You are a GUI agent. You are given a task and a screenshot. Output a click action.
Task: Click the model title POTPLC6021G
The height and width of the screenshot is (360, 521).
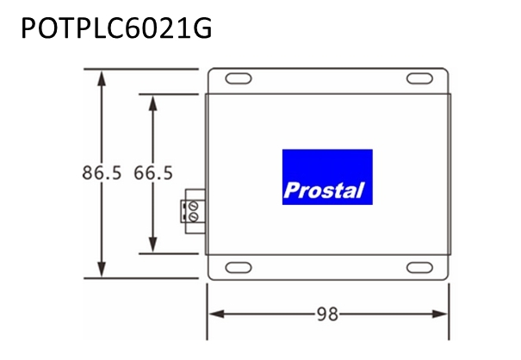[x=116, y=28]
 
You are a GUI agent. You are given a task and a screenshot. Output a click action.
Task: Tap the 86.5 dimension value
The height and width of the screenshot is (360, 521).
[x=102, y=173]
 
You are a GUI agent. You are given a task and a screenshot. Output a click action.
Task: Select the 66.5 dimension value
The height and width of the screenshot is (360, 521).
[x=153, y=173]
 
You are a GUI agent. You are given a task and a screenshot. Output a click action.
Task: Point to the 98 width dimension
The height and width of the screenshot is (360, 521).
[x=327, y=314]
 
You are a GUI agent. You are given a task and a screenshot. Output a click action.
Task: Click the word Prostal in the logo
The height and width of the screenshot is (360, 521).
[x=324, y=190]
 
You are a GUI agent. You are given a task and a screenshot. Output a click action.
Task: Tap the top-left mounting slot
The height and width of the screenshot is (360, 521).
[x=239, y=78]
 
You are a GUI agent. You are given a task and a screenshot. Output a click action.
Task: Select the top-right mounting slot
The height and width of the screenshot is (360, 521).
[x=419, y=78]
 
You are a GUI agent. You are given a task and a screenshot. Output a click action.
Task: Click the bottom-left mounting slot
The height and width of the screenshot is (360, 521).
[x=239, y=268]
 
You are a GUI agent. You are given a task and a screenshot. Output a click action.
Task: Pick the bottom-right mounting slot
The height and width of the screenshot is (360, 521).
[x=419, y=268]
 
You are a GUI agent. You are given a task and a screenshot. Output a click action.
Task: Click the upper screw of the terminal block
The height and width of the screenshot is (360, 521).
[x=193, y=206]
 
